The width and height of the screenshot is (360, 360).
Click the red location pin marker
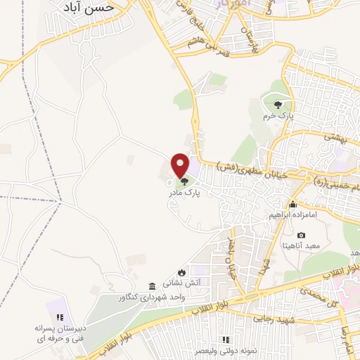pos(181,165)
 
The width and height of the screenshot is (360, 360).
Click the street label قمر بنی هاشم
pos(208,49)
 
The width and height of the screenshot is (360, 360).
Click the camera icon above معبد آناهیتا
pos(302,235)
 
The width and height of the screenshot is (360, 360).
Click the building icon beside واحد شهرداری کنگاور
pos(153,286)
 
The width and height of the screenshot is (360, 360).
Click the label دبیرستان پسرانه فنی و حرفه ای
pos(60,333)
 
